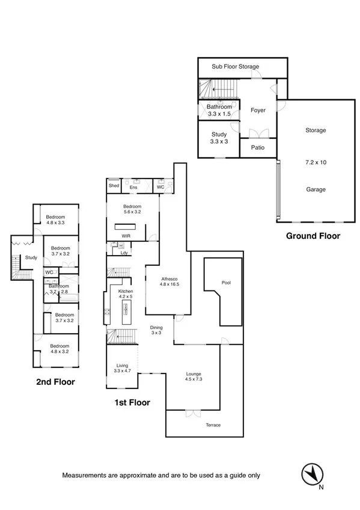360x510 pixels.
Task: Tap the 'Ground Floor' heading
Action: click(x=313, y=236)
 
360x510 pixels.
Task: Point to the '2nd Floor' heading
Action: click(x=55, y=381)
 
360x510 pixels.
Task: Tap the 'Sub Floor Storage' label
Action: click(x=235, y=67)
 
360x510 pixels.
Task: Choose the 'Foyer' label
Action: click(x=258, y=110)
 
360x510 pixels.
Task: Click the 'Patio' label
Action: click(x=258, y=147)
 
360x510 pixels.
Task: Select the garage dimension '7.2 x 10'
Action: click(x=315, y=162)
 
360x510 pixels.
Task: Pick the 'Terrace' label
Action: click(x=213, y=425)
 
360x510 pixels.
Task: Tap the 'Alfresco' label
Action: click(x=170, y=278)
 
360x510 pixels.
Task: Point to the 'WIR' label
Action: click(x=126, y=236)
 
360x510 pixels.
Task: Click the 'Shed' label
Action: click(x=114, y=186)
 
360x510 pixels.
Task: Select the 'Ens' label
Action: click(x=133, y=187)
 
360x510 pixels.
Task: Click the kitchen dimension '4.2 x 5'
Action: click(x=125, y=296)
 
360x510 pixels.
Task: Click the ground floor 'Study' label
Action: click(x=219, y=135)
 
